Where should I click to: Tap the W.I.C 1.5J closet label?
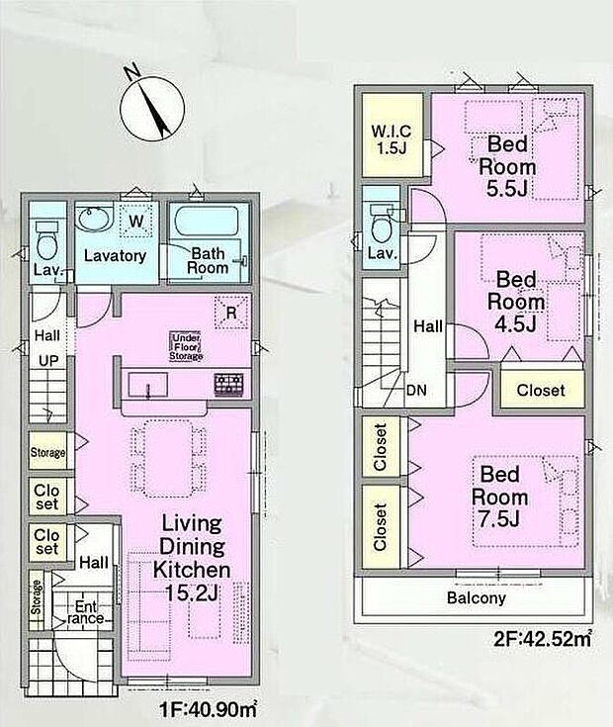pyautogui.click(x=391, y=139)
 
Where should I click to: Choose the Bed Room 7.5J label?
pyautogui.click(x=499, y=498)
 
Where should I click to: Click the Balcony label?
pyautogui.click(x=476, y=598)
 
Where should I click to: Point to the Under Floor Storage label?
pyautogui.click(x=186, y=344)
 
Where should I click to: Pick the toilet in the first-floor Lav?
pyautogui.click(x=45, y=238)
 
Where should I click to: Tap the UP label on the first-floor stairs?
pyautogui.click(x=46, y=361)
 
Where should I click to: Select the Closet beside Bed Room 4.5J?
pyautogui.click(x=541, y=390)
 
